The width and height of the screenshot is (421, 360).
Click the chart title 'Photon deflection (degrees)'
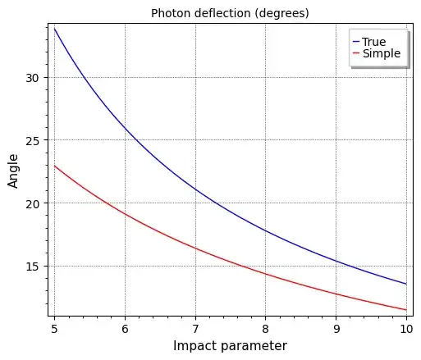click(x=229, y=12)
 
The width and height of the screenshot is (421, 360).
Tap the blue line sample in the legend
click(x=355, y=42)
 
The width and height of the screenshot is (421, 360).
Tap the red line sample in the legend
click(x=355, y=54)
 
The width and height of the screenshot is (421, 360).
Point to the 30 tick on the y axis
click(x=34, y=77)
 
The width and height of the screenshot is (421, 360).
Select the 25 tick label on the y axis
click(x=34, y=140)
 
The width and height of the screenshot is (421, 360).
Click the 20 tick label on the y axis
click(x=34, y=203)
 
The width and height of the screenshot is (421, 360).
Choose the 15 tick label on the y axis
click(x=34, y=267)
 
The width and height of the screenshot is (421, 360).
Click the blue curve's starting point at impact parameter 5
click(x=55, y=29)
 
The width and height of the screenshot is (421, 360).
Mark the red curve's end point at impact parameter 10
click(x=405, y=310)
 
